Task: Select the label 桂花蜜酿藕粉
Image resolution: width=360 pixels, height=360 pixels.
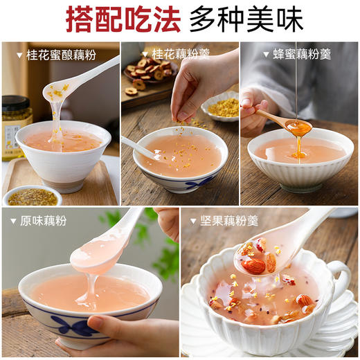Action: click(x=58, y=54)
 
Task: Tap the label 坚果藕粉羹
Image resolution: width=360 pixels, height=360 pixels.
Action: click(x=228, y=221)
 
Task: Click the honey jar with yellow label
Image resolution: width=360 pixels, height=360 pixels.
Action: click(x=15, y=125)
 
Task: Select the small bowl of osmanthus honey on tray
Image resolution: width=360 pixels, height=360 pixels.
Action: click(x=32, y=197)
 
